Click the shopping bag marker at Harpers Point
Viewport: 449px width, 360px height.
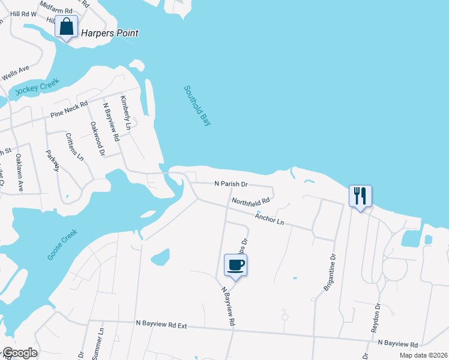coord(67,27)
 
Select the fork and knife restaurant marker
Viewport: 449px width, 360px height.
coord(360,196)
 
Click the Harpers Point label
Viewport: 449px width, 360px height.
coord(110,33)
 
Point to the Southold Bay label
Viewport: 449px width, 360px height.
coord(197,106)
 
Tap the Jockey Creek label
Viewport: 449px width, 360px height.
coord(35,90)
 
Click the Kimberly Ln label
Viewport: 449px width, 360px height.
coord(125,113)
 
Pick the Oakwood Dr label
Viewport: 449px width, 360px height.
coord(97,139)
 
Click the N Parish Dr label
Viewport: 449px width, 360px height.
coord(231,184)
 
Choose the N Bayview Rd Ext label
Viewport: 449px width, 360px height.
coord(161,326)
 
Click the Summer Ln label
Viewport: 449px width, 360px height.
coord(98,343)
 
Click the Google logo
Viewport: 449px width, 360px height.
coord(20,353)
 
